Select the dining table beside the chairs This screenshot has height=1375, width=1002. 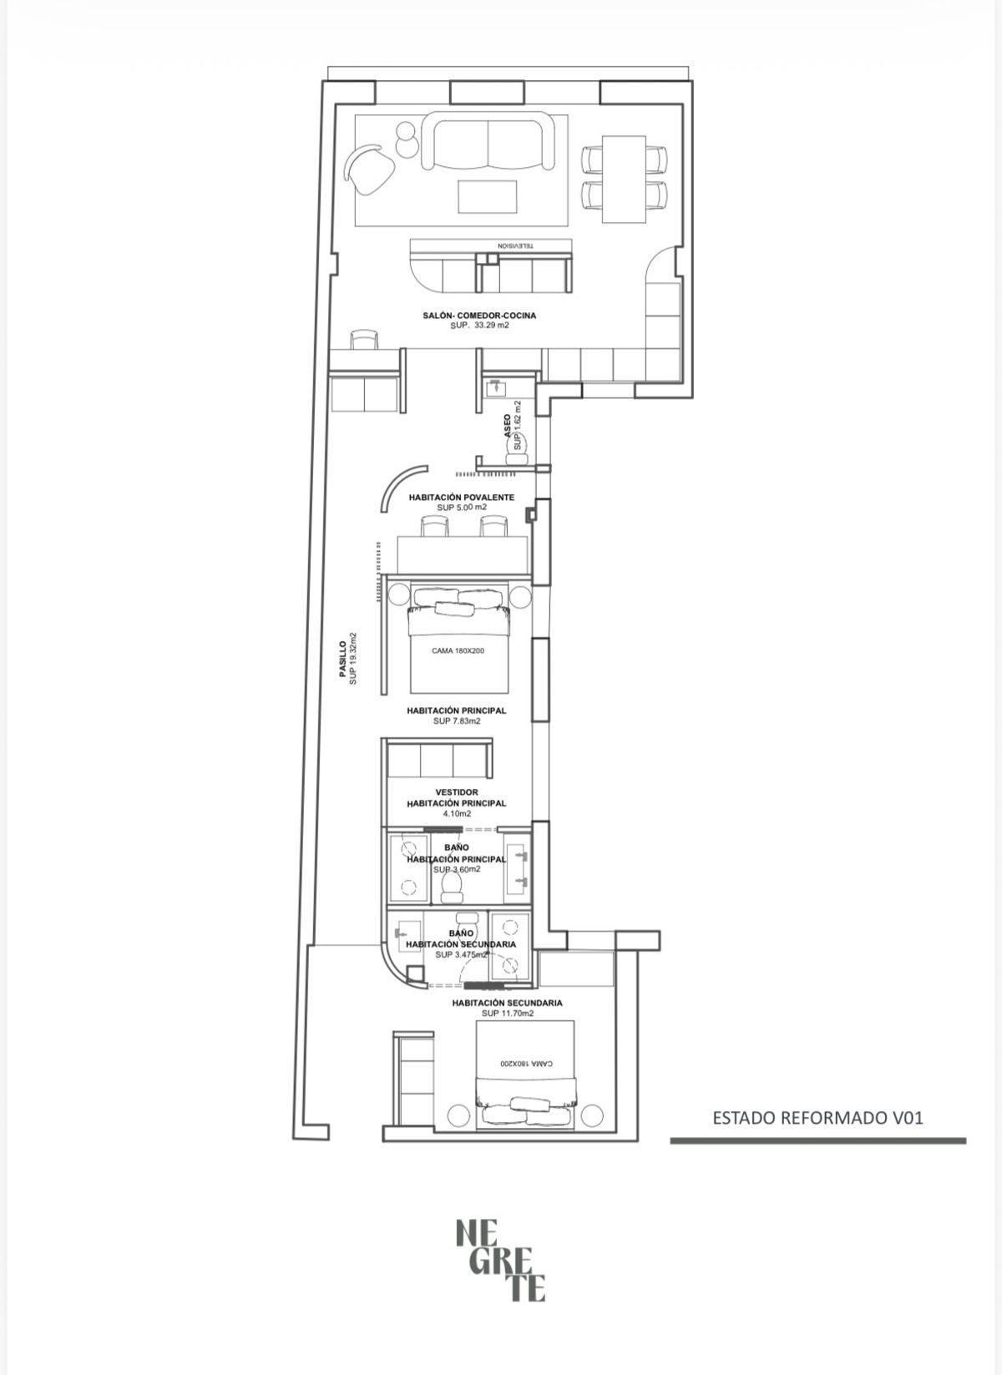click(625, 179)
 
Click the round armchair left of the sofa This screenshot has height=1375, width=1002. click(370, 169)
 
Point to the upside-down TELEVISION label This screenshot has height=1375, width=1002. click(515, 246)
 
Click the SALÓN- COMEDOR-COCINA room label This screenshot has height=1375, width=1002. click(478, 316)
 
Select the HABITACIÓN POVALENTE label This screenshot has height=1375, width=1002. click(461, 497)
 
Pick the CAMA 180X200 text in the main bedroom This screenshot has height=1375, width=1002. click(458, 651)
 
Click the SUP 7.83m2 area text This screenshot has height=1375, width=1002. click(457, 721)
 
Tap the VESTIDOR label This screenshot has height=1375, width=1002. click(456, 791)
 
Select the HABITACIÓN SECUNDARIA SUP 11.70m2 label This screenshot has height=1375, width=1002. click(507, 1008)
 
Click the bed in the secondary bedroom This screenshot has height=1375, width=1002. click(525, 1073)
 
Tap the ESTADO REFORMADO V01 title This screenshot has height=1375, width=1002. click(817, 1118)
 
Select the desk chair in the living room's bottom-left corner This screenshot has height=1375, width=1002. click(364, 340)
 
